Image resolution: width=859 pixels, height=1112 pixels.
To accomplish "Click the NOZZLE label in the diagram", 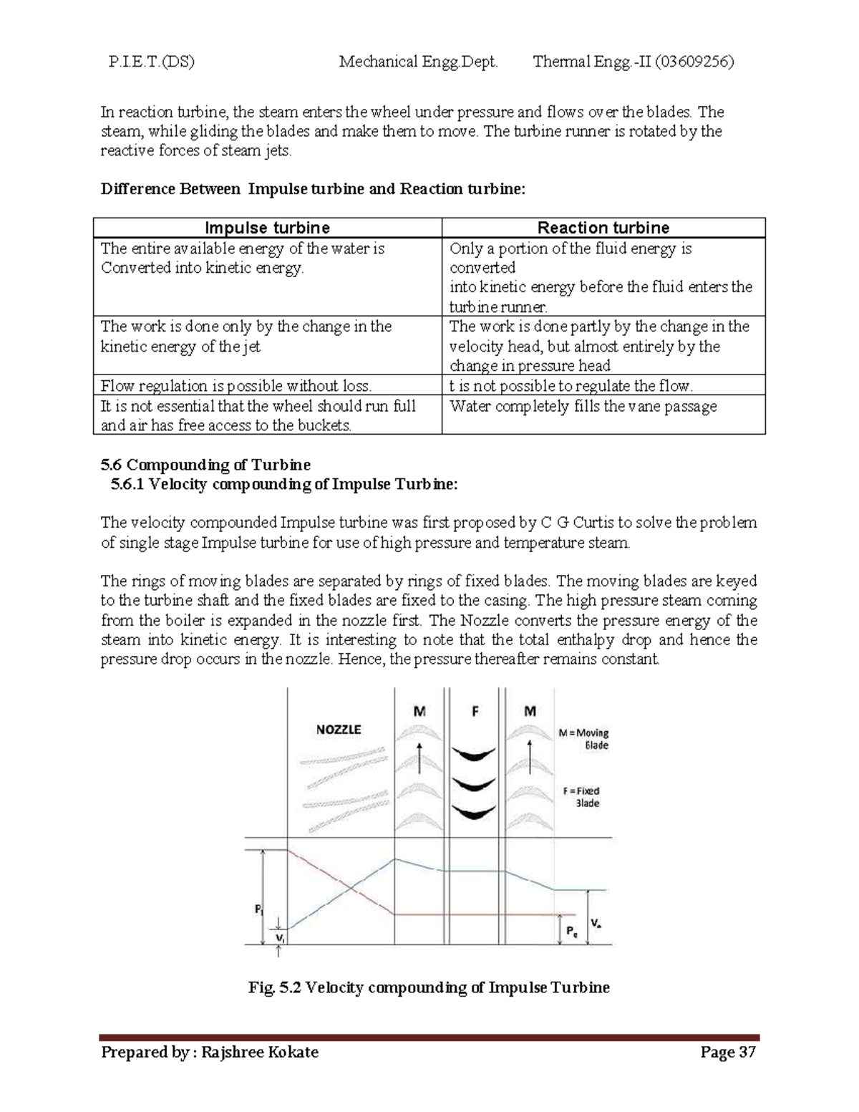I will (x=339, y=730).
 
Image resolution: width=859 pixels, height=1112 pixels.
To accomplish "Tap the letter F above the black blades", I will (x=475, y=711).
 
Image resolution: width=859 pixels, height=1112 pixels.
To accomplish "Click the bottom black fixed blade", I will (x=474, y=812).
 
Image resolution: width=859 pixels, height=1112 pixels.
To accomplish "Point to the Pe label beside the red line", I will (x=571, y=931).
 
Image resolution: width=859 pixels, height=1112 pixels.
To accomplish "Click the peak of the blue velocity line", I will (x=395, y=859).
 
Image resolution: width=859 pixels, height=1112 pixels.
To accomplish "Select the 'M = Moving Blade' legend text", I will (x=583, y=739).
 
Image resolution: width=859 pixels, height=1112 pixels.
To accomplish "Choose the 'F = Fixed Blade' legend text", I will (x=581, y=797).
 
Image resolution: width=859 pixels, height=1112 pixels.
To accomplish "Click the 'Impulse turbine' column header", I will (x=267, y=228).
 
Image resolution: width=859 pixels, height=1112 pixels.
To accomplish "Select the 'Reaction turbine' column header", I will (x=603, y=228).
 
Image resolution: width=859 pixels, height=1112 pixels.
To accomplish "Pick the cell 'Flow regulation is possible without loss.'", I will (x=236, y=386).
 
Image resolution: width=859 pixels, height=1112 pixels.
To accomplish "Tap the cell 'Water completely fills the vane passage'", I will (x=583, y=406).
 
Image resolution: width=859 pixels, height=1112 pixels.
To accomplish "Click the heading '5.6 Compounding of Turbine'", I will (x=205, y=465).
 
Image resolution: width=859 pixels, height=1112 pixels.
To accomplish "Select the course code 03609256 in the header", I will (x=693, y=62).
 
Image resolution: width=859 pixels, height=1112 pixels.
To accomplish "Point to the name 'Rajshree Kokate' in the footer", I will (x=260, y=1052).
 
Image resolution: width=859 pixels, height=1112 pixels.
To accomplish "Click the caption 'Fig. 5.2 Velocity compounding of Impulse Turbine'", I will (x=429, y=987).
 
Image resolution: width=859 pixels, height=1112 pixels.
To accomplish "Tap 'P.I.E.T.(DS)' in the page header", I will (x=151, y=62).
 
